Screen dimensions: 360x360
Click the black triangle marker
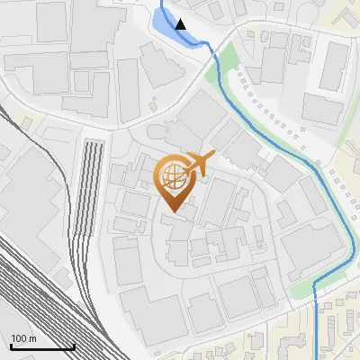181,24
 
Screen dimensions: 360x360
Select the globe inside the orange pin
172,177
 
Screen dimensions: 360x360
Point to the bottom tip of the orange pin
171,213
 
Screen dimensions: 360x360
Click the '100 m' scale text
24,338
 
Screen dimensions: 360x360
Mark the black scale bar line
42,346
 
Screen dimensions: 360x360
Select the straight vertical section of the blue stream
317,328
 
